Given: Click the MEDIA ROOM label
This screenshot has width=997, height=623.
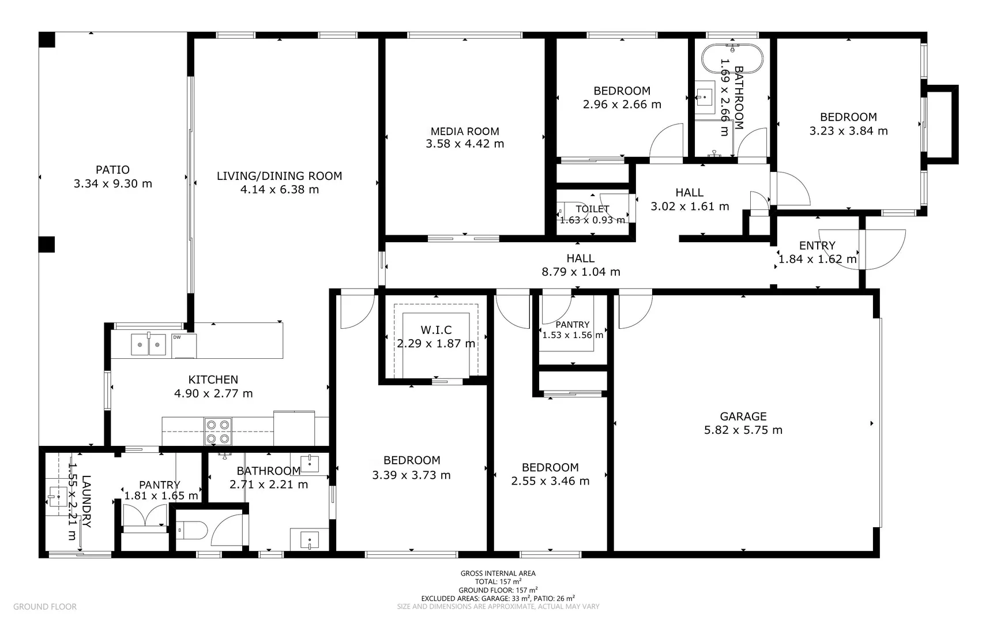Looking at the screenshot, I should pos(465,132).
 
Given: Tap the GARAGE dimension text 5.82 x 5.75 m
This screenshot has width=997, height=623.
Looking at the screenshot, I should pos(743,430).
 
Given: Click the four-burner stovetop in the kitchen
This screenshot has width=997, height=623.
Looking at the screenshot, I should pos(218,431).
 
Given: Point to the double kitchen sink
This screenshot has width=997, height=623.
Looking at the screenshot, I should pos(148,345).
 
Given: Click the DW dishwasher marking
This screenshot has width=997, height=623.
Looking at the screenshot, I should pos(176,337).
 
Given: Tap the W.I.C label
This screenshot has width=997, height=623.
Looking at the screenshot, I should pos(436,330).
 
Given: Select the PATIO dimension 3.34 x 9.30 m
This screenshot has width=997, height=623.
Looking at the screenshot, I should pos(113,184).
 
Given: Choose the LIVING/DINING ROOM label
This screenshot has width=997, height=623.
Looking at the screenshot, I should pos(279,176).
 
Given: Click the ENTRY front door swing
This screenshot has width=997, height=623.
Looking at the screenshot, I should pos(882,249).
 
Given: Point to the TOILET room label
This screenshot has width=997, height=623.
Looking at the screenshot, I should pos(592,209).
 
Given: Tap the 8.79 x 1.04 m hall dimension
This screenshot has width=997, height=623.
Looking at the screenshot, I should pos(581,272).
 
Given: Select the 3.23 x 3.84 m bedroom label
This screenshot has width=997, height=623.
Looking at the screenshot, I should pos(848,131).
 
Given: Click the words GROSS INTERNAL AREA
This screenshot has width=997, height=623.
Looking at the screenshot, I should pos(498,573).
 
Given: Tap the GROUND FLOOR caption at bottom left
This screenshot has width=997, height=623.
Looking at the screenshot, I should pos(45,607).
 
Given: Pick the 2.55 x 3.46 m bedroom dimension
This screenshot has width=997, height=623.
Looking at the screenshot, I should pos(550,481).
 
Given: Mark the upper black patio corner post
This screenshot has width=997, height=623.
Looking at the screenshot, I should pos(47,40).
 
